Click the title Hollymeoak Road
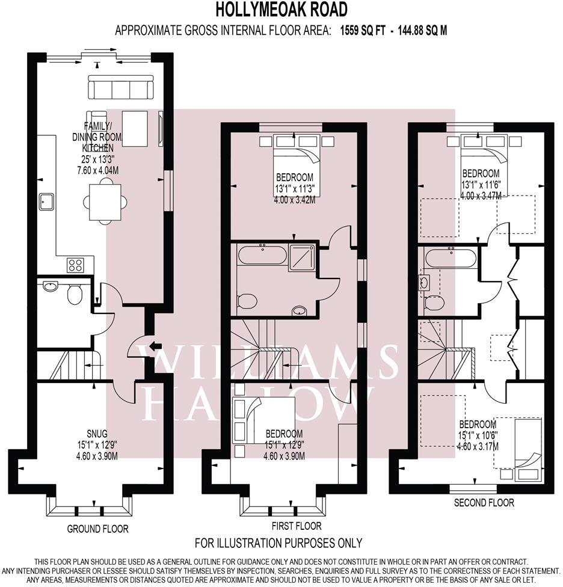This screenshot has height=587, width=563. point(281,10)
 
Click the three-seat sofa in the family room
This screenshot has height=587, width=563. point(122,87)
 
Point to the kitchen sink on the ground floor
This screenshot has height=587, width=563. point(47,201)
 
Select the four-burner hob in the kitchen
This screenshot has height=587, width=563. point(75,264)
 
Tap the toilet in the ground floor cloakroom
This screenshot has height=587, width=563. point(75,294)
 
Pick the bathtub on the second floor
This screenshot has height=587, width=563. point(450,259)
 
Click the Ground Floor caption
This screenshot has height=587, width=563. point(98,529)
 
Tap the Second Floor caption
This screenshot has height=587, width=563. point(484,502)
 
